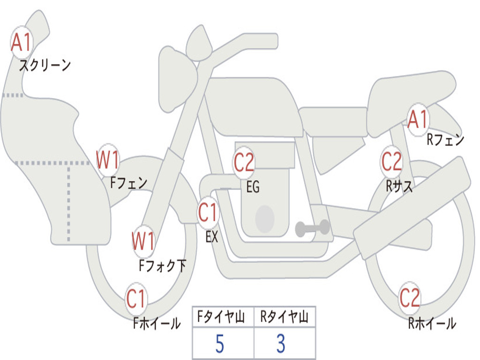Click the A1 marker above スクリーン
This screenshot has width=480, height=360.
pos(22,42)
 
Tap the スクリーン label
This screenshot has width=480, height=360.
pos(45,65)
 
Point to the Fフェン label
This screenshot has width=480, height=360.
pos(128,183)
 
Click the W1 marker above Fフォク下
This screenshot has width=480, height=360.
pos(143,241)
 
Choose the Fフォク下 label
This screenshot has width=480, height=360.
pos(162,265)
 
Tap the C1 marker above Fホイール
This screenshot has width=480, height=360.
pos(136,299)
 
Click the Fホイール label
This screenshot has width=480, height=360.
pos(157,323)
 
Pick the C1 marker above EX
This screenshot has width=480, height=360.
pos(208,212)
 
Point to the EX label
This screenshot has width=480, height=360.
pos(212,237)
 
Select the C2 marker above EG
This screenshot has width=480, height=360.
pos(244,162)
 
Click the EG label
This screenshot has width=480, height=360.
pos(253,187)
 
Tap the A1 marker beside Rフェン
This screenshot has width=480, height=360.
pos(418,120)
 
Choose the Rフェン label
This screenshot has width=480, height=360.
pos(445,140)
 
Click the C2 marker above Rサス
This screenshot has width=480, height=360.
pos(391,162)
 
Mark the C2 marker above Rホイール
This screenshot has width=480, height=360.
pos(410,298)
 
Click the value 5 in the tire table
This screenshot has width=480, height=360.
pos(219,344)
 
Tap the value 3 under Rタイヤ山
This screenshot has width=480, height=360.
pos(281,344)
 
